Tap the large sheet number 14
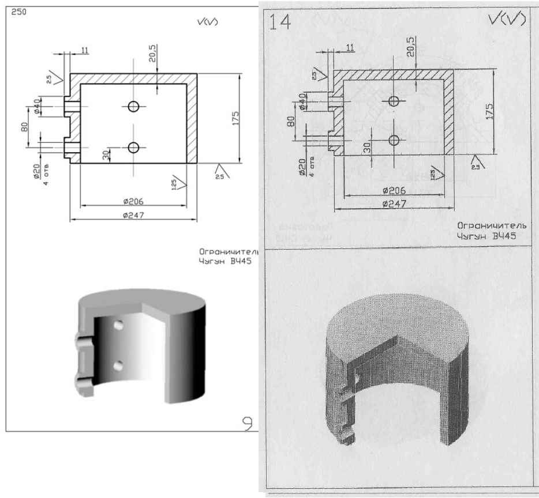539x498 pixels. click(x=280, y=22)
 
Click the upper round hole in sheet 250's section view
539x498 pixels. click(x=134, y=107)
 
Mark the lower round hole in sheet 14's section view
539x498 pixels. click(x=395, y=139)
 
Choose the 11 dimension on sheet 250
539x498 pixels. click(x=85, y=51)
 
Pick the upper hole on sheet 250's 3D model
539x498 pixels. click(x=119, y=326)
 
